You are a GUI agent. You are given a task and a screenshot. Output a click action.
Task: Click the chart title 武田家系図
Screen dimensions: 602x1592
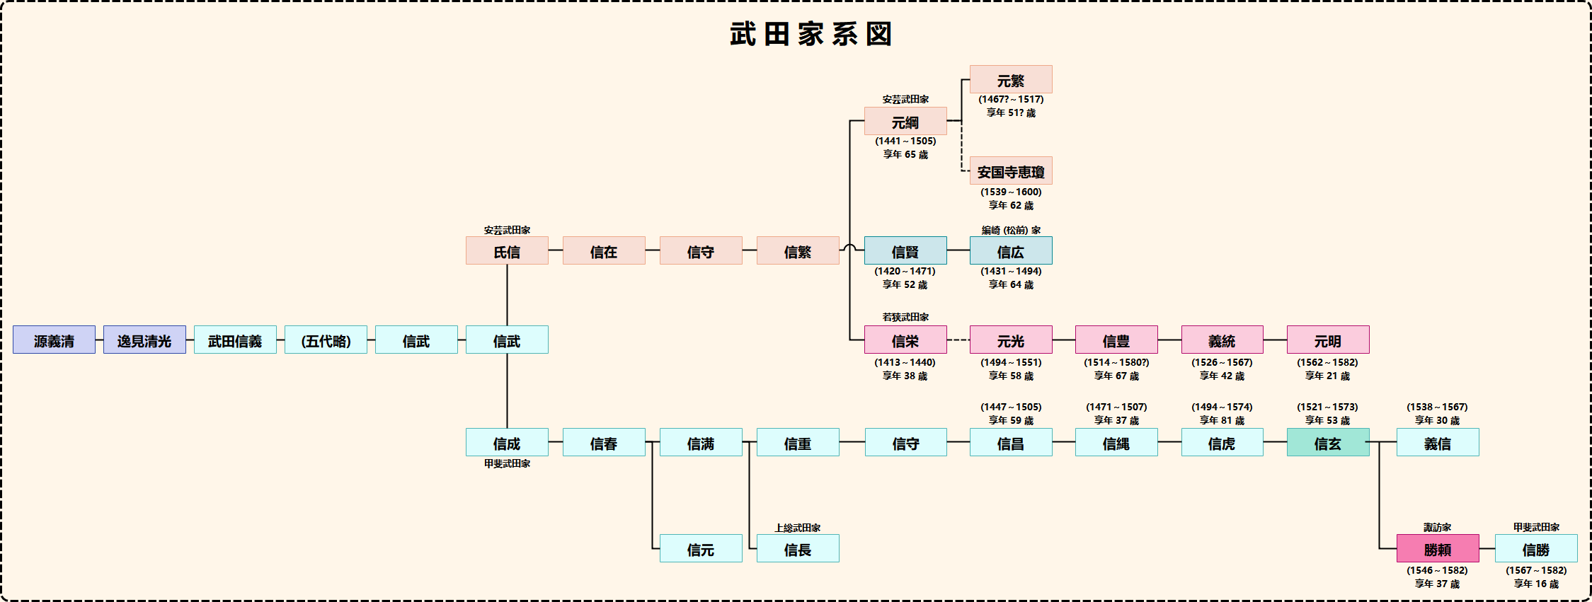click(811, 34)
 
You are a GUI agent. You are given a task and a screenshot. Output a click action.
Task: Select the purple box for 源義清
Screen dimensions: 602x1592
click(54, 340)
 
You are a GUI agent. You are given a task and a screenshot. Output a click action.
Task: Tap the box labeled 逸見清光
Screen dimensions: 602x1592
click(144, 340)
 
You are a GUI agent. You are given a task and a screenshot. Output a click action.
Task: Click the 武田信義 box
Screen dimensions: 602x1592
click(235, 340)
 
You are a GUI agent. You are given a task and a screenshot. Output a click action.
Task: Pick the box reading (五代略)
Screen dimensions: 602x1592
click(326, 340)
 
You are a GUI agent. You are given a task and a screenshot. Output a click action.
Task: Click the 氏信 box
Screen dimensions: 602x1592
click(507, 251)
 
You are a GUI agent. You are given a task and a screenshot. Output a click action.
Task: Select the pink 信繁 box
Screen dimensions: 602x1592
click(798, 251)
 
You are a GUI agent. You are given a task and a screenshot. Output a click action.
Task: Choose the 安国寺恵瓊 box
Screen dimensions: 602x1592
click(1011, 171)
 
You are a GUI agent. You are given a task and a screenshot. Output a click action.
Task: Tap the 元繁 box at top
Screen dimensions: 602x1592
click(1011, 80)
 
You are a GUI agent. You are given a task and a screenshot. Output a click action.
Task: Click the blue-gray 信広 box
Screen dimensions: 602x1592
click(1011, 251)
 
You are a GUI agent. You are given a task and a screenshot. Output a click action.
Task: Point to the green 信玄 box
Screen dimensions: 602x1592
click(1328, 443)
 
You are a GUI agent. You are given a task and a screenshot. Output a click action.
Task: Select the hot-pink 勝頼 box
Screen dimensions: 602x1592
click(1438, 549)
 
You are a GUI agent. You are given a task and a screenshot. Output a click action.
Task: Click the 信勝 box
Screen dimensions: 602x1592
click(1536, 549)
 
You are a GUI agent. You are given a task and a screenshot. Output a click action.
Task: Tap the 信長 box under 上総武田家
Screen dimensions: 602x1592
click(798, 549)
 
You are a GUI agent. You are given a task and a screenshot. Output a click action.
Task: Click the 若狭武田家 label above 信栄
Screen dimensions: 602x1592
click(905, 317)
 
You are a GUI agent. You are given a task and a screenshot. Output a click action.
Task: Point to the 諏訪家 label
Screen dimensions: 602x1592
click(1438, 527)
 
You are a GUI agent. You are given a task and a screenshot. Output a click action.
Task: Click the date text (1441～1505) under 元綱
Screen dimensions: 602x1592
click(905, 141)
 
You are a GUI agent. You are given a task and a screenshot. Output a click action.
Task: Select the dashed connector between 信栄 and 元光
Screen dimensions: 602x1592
click(958, 340)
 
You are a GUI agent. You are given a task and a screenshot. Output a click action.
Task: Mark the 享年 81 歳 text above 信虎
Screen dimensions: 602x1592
click(1222, 420)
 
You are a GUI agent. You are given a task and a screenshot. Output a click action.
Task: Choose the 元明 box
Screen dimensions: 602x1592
click(1328, 340)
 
